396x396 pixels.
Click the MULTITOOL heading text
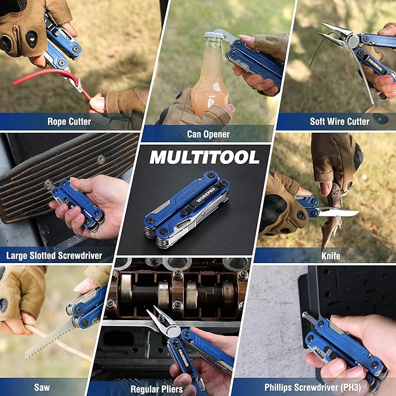[204, 157]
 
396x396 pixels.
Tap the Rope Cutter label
[69, 121]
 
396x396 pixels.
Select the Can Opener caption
[208, 134]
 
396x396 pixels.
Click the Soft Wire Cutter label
[339, 121]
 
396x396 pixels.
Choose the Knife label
[330, 255]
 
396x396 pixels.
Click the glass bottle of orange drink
[208, 79]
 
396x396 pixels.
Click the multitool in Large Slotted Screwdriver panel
[79, 201]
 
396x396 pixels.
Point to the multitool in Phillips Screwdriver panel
[344, 347]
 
